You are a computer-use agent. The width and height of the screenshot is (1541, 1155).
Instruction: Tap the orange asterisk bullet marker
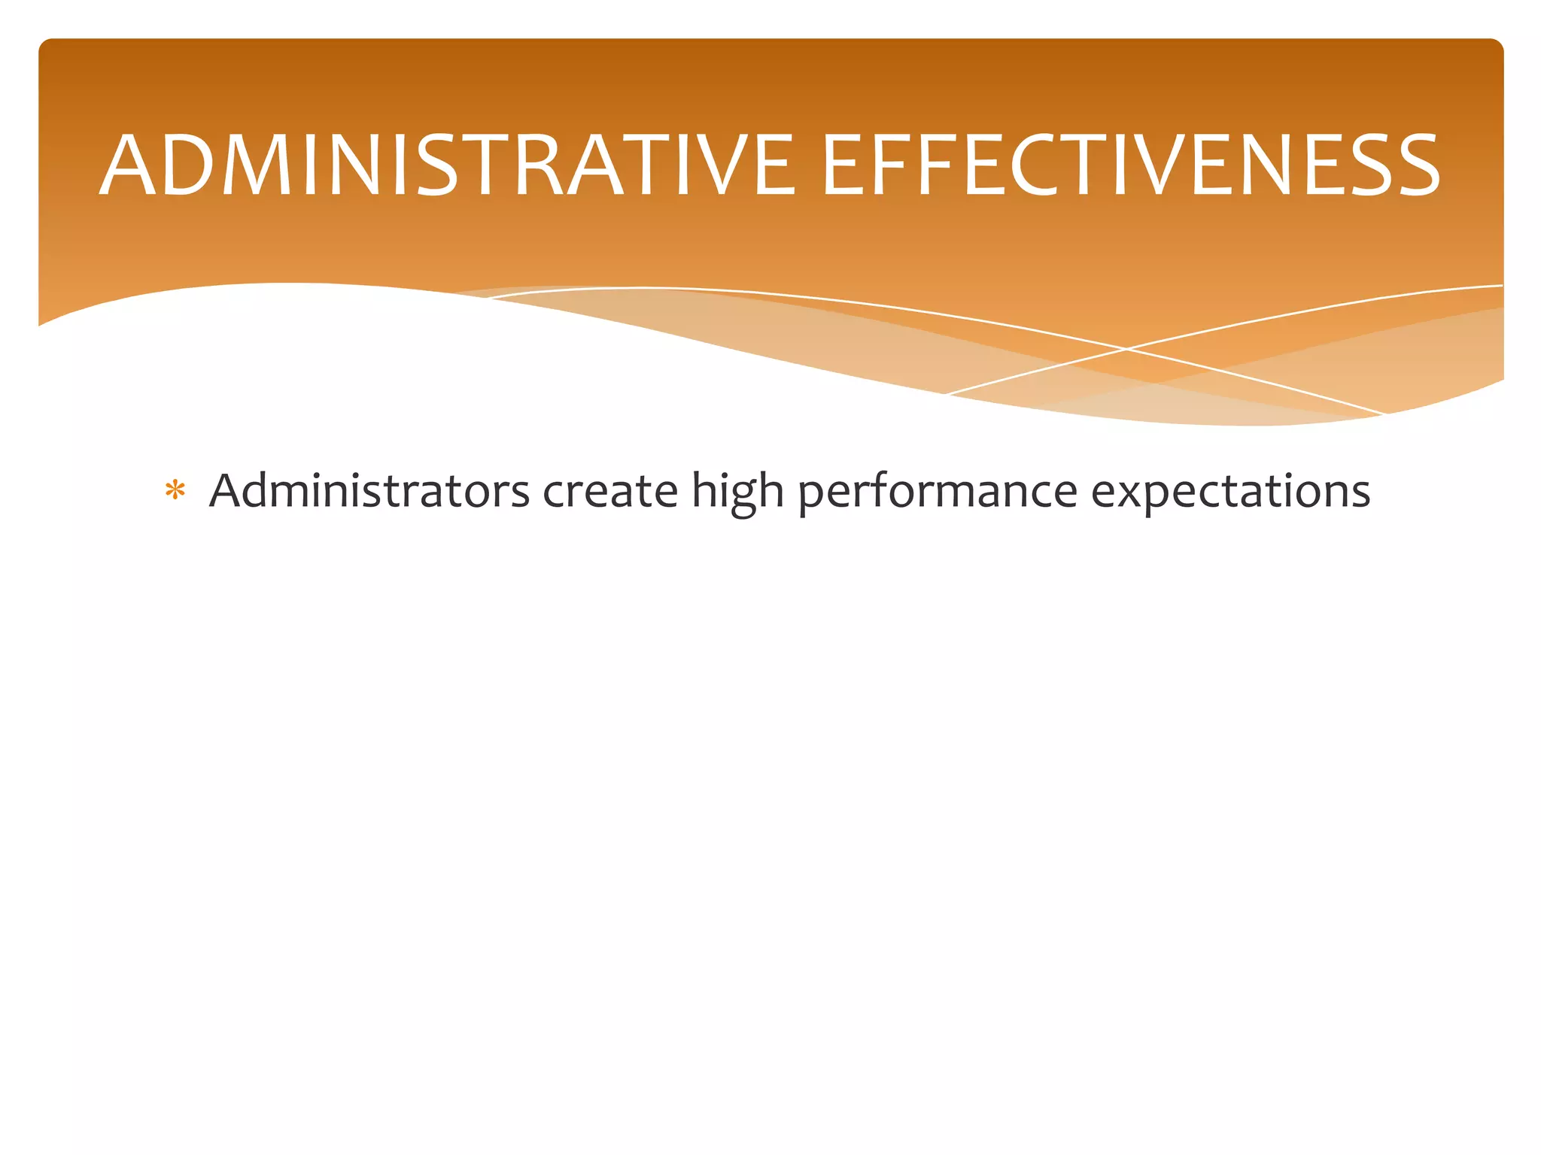pos(175,491)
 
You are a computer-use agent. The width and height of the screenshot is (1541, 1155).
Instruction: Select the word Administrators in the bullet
pos(369,491)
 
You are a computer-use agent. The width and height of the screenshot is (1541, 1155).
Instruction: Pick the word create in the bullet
pos(610,491)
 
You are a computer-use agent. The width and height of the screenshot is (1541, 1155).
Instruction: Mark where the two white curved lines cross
pos(1126,349)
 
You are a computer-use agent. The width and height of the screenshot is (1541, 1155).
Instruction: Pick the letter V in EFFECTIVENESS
pos(1147,165)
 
